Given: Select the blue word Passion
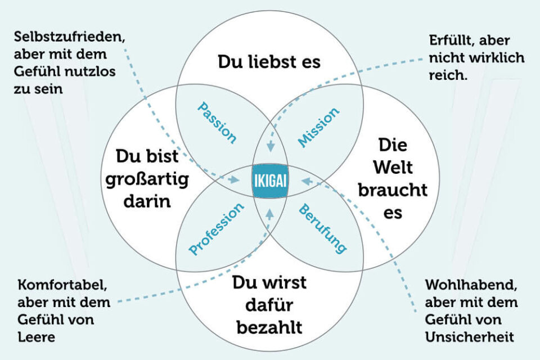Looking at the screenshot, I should click(217, 123).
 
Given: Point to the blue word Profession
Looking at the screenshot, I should click(217, 229).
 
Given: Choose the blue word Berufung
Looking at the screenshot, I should click(322, 228).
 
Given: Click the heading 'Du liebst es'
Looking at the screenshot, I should click(269, 61).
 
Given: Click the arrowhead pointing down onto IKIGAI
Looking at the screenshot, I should click(270, 148).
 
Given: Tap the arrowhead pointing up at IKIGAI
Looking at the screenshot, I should click(270, 213).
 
